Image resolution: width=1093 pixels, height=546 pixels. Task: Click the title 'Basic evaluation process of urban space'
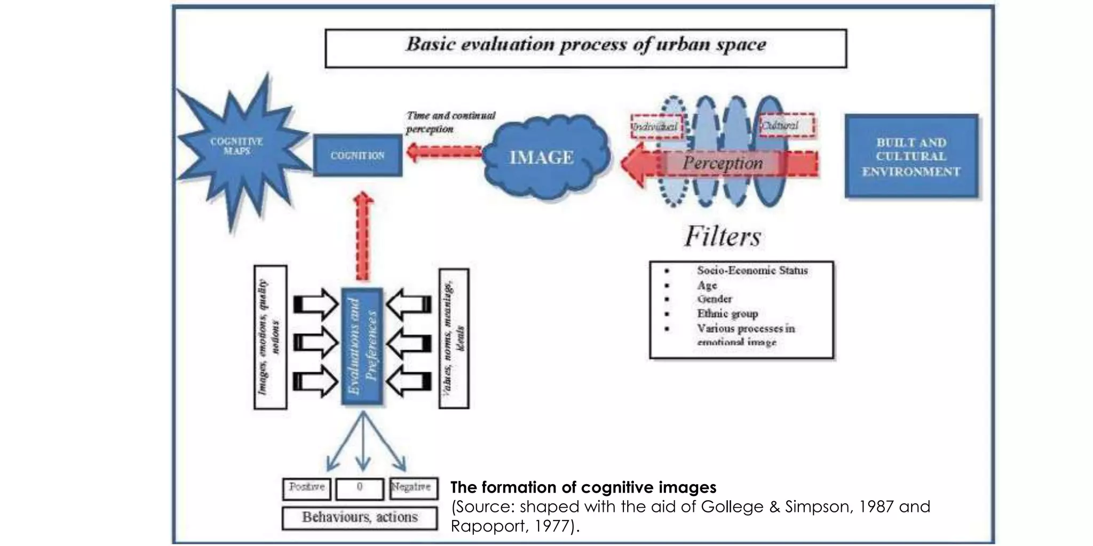(585, 45)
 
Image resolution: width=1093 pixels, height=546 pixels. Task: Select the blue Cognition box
(357, 155)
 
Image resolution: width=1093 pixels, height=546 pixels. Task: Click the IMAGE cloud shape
(542, 157)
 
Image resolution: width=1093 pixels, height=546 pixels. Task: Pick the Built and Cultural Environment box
(911, 157)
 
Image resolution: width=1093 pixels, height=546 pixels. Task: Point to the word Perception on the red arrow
(723, 163)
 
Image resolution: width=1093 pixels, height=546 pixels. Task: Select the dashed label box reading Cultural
(786, 125)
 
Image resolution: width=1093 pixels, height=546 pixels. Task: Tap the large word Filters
(723, 236)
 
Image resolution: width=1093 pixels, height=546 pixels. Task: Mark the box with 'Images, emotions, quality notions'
(270, 338)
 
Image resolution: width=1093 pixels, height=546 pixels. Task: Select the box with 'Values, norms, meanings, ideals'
(454, 339)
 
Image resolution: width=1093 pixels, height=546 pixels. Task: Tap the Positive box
(306, 488)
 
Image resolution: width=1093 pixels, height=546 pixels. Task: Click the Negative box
(413, 488)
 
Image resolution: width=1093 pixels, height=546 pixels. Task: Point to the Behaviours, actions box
(359, 517)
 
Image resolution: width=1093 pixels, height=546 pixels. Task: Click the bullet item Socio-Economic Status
(751, 271)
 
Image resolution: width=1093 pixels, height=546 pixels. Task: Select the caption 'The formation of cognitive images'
(583, 487)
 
